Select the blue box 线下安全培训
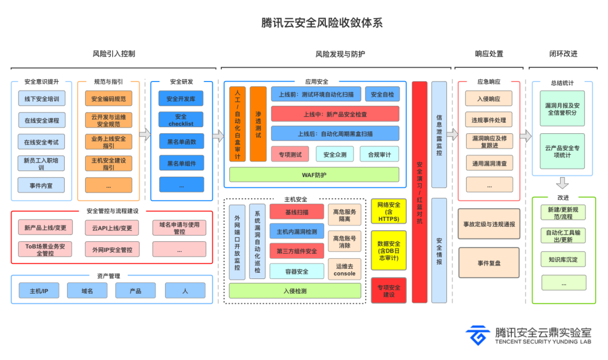(42, 98)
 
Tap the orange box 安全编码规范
(109, 98)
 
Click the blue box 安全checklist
(181, 120)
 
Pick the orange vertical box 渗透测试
(258, 124)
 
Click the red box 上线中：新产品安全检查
(335, 114)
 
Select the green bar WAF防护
(314, 175)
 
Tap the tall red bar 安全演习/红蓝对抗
(419, 192)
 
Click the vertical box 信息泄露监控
(439, 134)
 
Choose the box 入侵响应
(489, 99)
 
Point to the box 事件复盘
(489, 263)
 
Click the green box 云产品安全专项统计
(563, 151)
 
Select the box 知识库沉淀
(563, 259)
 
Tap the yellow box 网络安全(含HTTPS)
(388, 211)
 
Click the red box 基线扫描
(297, 212)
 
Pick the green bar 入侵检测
(295, 291)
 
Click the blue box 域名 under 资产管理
(86, 291)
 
